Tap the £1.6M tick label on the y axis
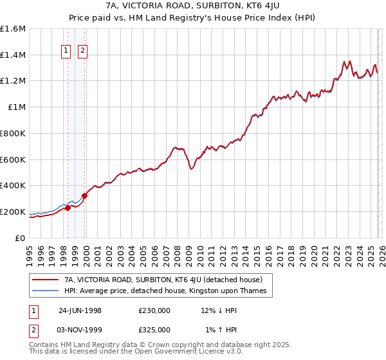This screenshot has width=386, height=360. coord(13,29)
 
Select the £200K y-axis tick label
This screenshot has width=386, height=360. coord(13,212)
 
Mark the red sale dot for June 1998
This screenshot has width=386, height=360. coord(68,208)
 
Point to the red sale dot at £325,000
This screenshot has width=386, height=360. coord(84,195)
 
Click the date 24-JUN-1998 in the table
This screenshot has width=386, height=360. coord(80,310)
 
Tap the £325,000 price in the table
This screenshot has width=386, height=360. coord(154,329)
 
